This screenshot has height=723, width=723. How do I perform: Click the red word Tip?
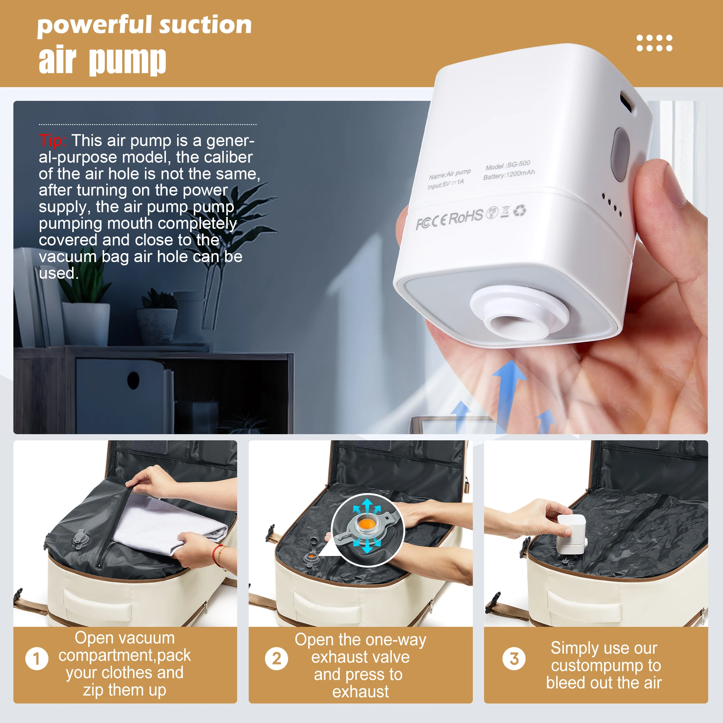pos(52,141)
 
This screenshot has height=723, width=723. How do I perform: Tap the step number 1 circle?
pos(37,659)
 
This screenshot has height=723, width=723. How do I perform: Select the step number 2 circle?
pos(277,659)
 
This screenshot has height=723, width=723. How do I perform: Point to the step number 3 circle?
pos(514,659)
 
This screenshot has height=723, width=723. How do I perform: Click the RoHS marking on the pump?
pos(466,217)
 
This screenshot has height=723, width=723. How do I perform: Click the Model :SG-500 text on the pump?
pos(508,165)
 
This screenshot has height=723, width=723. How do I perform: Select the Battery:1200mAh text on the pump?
pos(509,174)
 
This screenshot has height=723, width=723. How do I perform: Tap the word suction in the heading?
pos(205,25)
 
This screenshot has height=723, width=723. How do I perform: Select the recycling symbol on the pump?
pos(520,211)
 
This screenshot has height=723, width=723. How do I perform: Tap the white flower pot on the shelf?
pos(86,324)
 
